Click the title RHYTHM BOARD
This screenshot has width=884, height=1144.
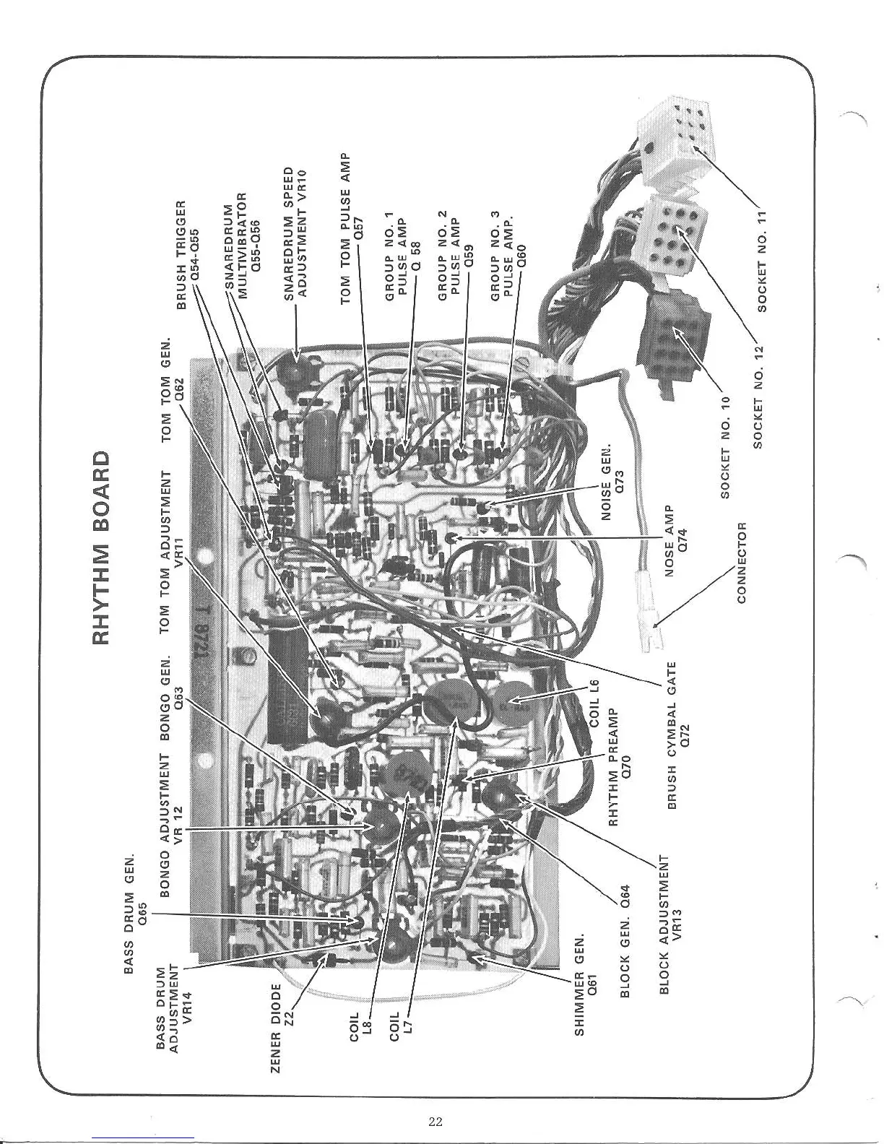pos(102,548)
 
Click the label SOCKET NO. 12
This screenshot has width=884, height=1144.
pos(758,396)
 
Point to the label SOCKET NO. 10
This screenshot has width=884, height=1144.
pos(726,447)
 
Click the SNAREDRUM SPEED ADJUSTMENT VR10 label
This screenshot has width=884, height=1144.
pos(295,233)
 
